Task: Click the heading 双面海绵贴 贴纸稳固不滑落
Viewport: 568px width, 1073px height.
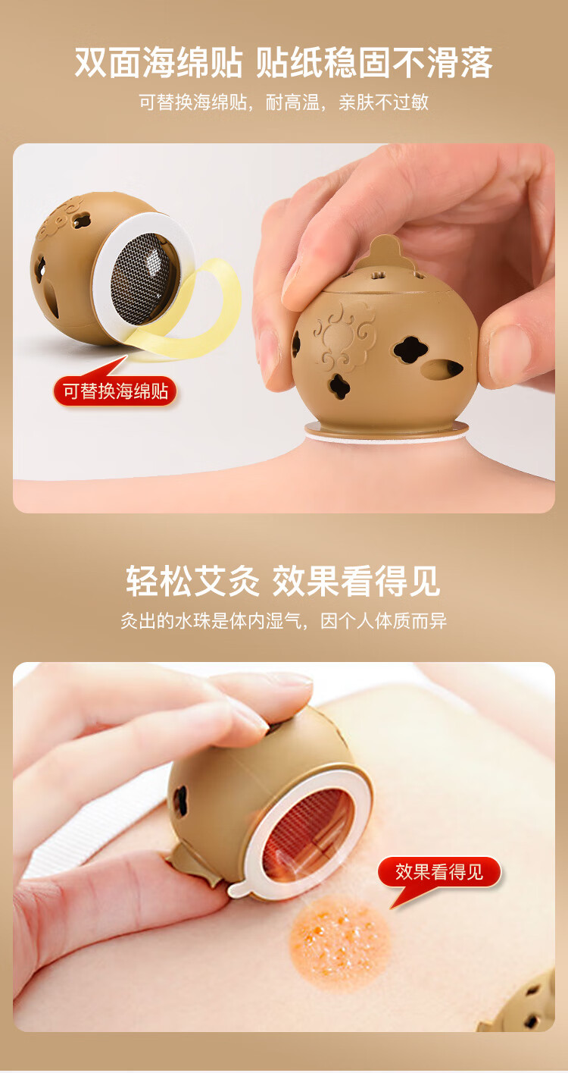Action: (284, 62)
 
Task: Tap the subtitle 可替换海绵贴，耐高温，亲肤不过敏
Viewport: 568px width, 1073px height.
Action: (284, 102)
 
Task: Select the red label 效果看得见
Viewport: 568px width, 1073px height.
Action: (439, 871)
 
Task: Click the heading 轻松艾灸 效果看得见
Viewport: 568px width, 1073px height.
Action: (284, 581)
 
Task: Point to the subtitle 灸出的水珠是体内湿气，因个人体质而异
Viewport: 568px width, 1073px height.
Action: (284, 622)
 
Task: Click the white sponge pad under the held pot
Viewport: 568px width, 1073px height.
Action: (386, 430)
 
